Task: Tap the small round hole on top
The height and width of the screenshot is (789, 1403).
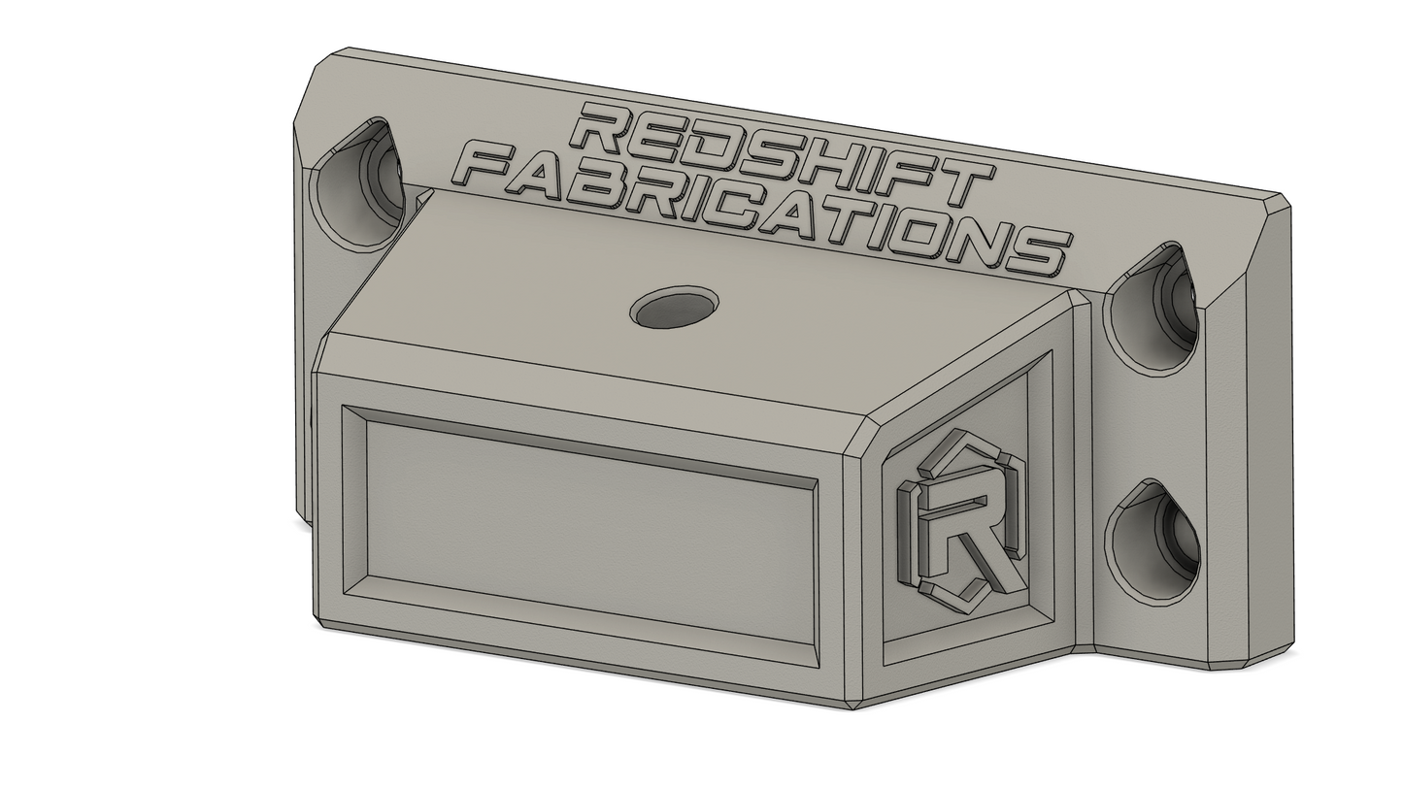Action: [674, 307]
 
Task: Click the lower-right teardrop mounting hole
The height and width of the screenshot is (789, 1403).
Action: [1152, 542]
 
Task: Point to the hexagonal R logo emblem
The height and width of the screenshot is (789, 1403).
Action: [961, 520]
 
